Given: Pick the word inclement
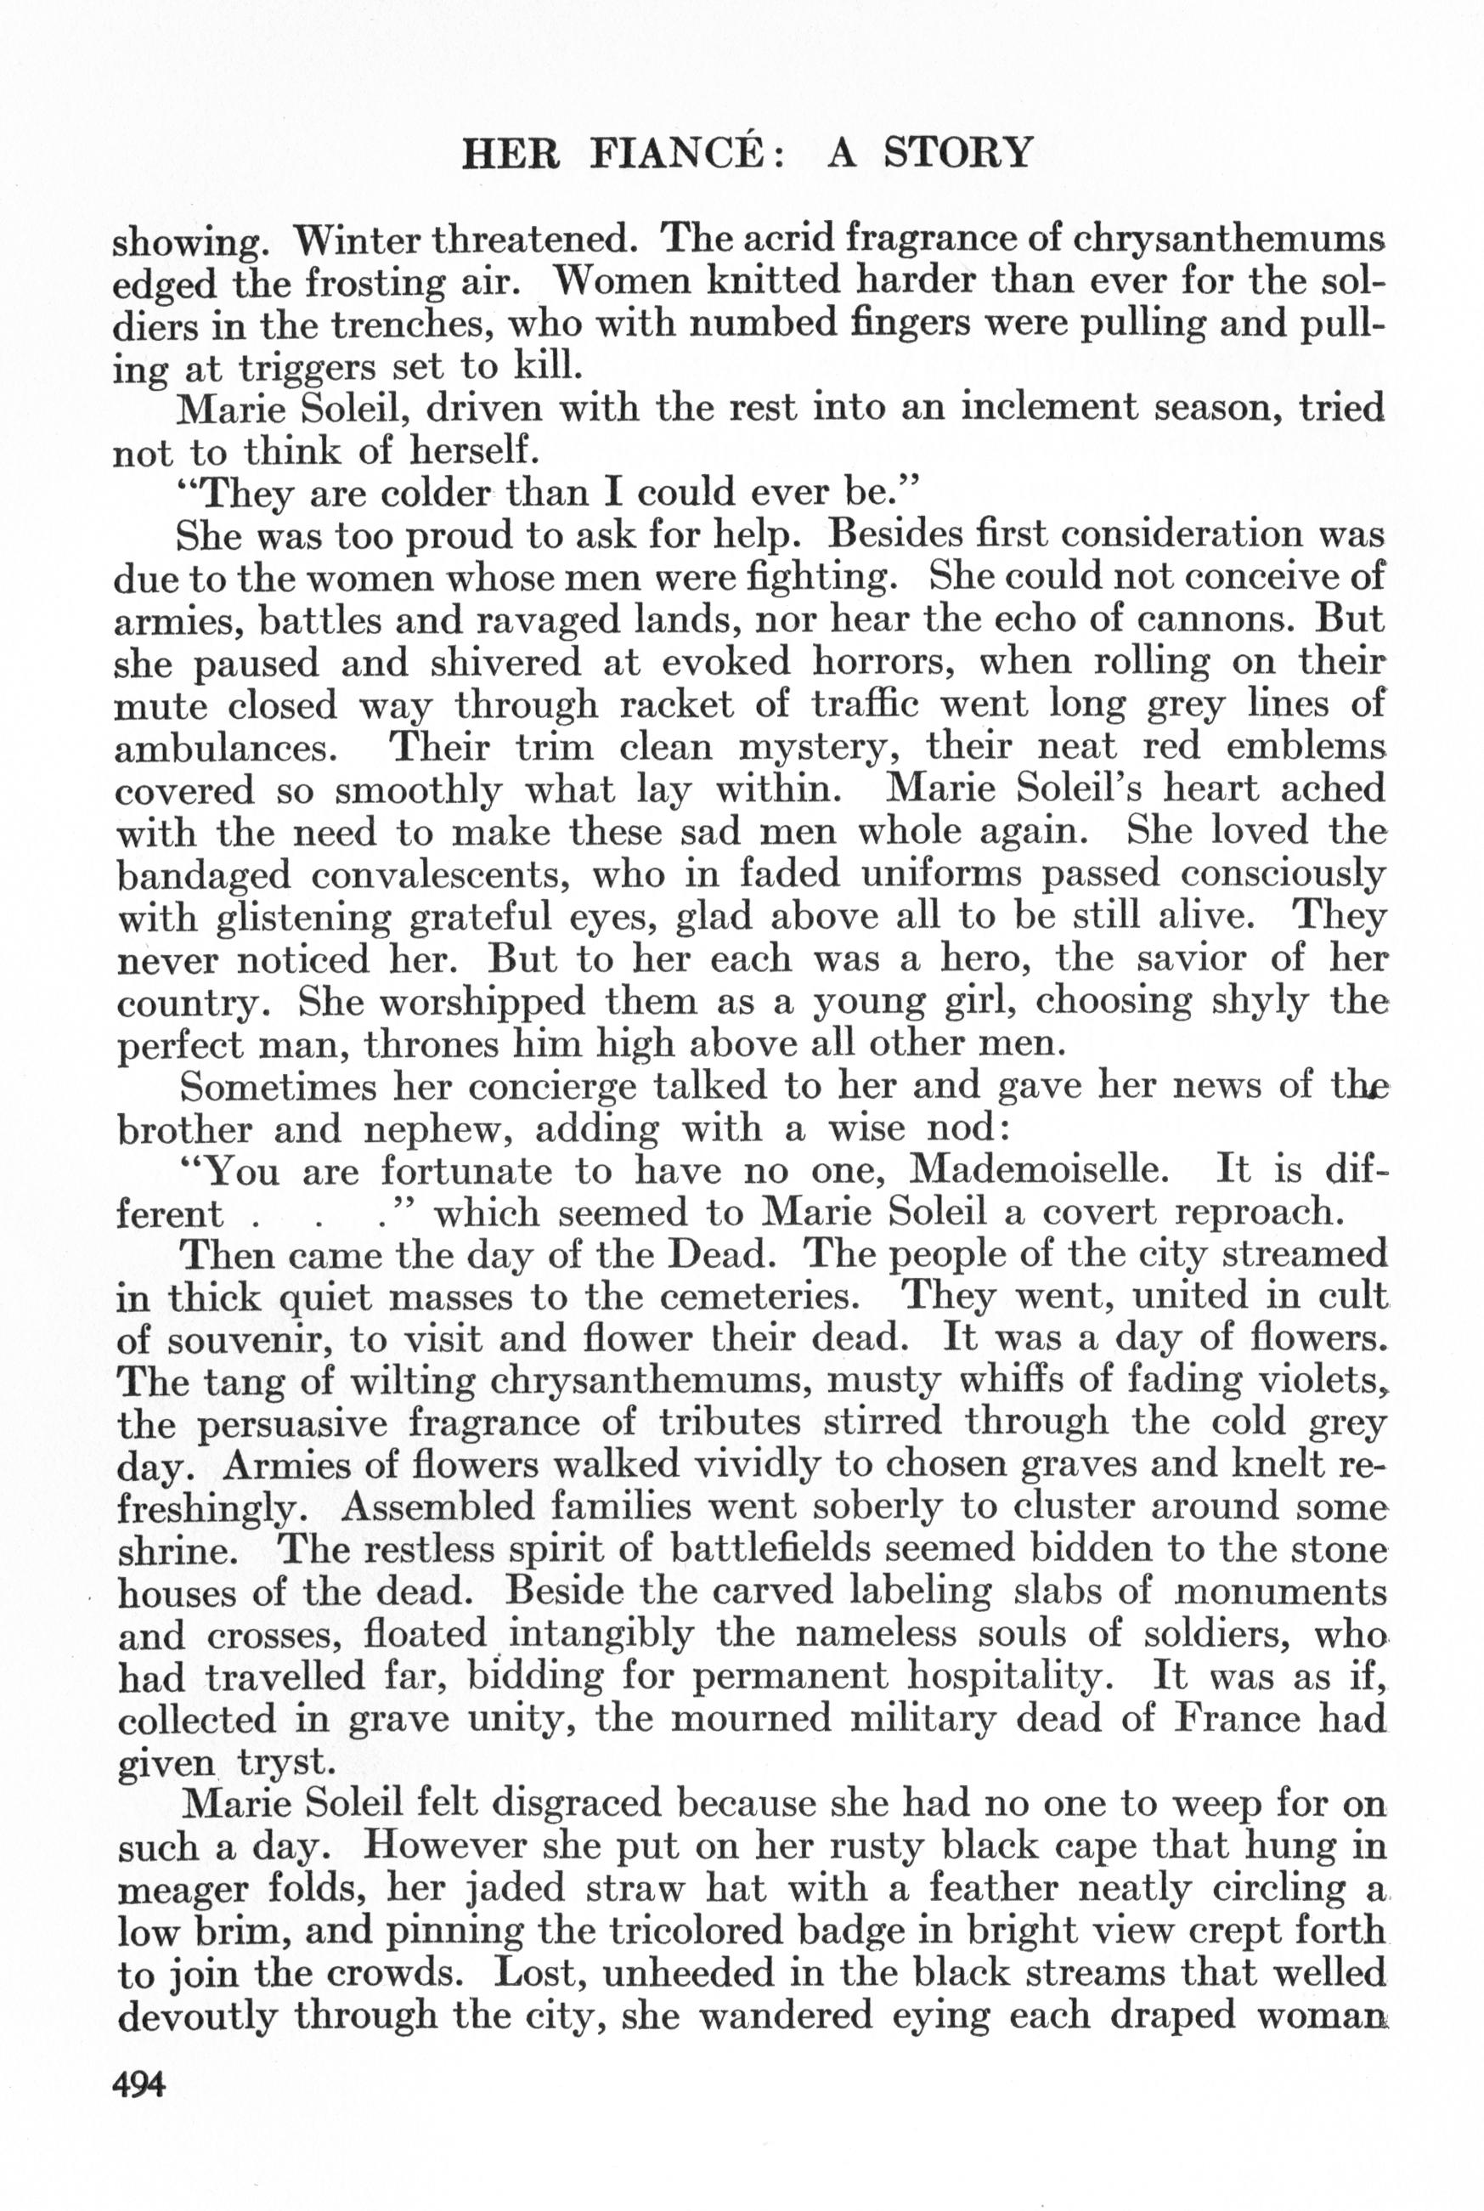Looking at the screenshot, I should (x=1069, y=409).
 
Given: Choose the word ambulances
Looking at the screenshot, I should (x=226, y=748).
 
